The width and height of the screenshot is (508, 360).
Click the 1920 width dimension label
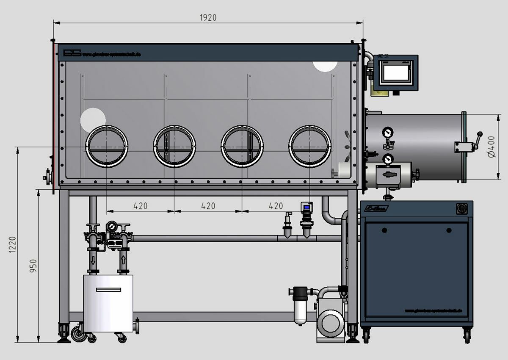(208, 17)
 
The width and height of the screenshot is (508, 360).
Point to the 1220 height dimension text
(12, 244)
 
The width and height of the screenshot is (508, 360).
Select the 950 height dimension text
(34, 266)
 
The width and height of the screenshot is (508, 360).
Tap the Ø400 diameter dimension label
(491, 147)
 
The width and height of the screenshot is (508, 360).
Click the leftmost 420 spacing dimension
(141, 206)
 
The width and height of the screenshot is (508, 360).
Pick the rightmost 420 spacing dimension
(276, 206)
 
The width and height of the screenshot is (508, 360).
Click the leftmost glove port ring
(107, 146)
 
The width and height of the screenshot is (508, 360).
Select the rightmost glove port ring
(310, 146)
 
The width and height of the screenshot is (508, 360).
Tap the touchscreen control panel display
(396, 72)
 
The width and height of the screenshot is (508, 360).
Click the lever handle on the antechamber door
(478, 139)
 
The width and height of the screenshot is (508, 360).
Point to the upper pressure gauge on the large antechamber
(387, 133)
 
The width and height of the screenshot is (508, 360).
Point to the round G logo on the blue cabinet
(461, 209)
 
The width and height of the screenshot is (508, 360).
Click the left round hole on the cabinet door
(384, 230)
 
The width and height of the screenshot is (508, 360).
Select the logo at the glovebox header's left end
(72, 53)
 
